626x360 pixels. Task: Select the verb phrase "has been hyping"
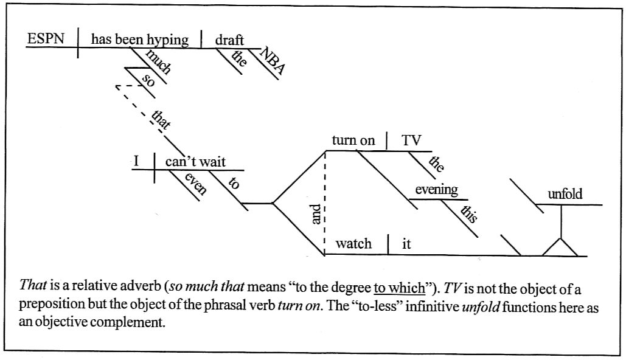139,40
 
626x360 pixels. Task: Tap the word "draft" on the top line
229,40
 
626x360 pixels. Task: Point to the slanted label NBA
272,61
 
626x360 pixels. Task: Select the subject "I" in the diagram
137,162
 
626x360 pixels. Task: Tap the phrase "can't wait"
195,162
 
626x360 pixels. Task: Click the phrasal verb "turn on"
353,140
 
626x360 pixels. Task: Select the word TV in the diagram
411,140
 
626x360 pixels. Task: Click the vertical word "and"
316,213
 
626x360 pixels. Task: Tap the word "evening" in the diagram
436,190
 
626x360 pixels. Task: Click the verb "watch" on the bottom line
353,244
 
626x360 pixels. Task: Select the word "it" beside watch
407,244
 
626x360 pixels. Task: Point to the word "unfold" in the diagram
565,195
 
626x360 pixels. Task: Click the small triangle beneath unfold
560,248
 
